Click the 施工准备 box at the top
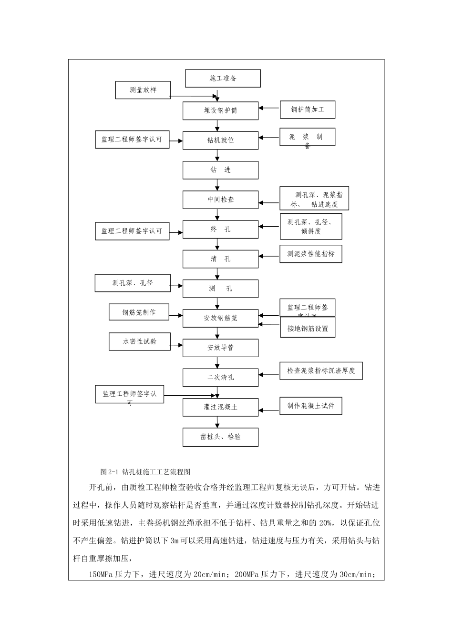[x=223, y=79]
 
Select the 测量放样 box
[x=143, y=90]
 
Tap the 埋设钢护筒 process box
[x=220, y=110]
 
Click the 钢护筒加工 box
[x=308, y=110]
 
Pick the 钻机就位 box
[x=220, y=140]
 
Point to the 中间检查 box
[x=220, y=200]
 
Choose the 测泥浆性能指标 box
[x=310, y=254]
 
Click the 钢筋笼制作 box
[x=139, y=312]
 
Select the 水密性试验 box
[x=139, y=341]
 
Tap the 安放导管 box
[x=220, y=348]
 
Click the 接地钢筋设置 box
[x=308, y=329]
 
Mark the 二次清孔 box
[x=220, y=377]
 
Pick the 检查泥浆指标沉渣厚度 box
[x=321, y=370]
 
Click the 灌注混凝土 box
[x=220, y=407]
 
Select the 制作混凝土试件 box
[x=310, y=406]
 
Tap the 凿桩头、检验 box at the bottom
[x=220, y=437]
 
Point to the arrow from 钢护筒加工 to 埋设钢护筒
[x=269, y=109]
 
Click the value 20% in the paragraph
[x=326, y=523]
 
